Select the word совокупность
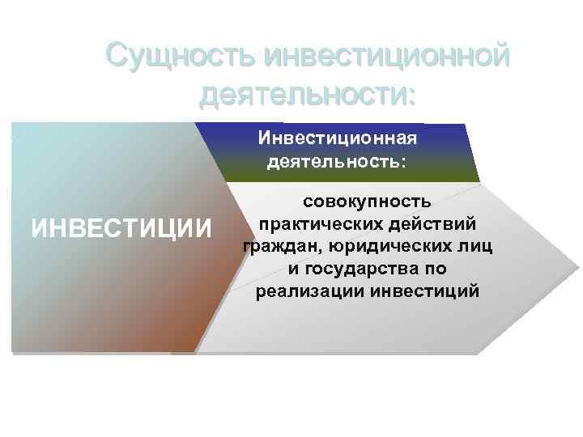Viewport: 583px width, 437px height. tap(367, 200)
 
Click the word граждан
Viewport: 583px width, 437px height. tap(277, 245)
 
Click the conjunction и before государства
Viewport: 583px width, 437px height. tap(292, 268)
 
